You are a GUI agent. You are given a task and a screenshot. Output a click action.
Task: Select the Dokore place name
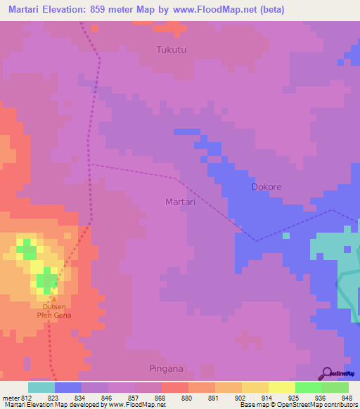(266, 188)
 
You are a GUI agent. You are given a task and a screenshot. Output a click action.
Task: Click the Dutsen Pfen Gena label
(55, 311)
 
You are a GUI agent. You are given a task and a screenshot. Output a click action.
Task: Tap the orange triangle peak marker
(53, 299)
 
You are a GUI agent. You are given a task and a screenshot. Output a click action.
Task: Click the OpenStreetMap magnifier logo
(326, 373)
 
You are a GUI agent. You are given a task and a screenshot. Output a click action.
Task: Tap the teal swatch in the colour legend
(41, 387)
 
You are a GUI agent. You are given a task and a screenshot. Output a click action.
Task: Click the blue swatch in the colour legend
(68, 387)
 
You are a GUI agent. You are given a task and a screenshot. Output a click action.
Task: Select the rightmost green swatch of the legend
(335, 387)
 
